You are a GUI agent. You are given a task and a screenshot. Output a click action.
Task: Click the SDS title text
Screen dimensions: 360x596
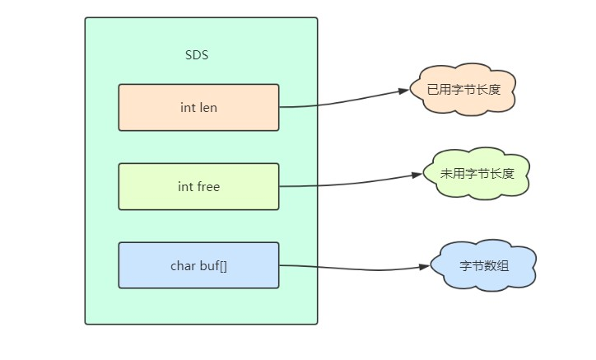[x=198, y=56]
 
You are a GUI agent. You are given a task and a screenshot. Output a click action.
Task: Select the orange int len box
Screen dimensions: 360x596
[x=198, y=107]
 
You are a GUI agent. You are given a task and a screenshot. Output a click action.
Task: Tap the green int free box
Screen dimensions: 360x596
[x=198, y=186]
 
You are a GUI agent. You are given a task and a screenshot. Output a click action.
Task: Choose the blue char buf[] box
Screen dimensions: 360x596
[x=198, y=265]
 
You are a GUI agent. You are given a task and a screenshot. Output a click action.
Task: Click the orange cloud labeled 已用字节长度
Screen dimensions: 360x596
[x=463, y=89]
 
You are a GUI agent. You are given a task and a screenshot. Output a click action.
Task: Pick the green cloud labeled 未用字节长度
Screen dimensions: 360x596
[x=477, y=174]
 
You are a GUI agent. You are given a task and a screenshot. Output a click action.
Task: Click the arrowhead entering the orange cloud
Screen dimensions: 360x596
[x=403, y=91]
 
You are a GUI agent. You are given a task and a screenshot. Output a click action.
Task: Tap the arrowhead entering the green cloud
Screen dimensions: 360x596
[x=417, y=175]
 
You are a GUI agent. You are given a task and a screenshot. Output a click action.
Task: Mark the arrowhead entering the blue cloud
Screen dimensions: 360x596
[x=426, y=267]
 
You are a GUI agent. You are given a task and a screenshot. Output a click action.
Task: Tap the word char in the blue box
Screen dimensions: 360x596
[x=183, y=266]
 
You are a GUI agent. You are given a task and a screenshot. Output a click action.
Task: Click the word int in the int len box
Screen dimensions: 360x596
[x=186, y=108]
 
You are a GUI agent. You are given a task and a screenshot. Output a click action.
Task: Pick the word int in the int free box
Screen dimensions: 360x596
[x=184, y=187]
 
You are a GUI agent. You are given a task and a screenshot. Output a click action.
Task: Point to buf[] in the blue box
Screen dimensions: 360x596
[x=212, y=266]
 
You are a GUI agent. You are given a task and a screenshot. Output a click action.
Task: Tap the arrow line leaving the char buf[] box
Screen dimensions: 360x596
[x=354, y=268]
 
